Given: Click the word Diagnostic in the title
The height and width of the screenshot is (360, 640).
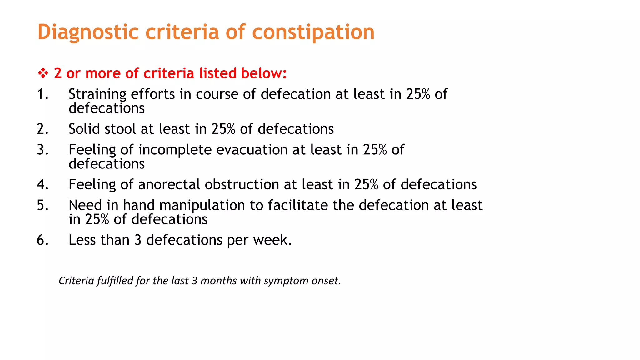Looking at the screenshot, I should coord(88,32).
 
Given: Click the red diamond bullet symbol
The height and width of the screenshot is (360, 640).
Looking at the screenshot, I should coord(43,73).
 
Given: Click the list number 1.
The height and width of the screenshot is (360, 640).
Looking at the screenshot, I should coord(42,94).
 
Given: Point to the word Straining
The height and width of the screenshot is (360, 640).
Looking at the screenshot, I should coord(97,94).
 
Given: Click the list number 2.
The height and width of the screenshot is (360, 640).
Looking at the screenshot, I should coord(42,129).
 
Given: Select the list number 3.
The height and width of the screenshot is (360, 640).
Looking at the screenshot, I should coord(42,150).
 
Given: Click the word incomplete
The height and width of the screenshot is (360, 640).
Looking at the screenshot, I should coord(175,150).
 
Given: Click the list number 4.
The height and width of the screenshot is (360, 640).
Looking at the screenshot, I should coord(42,185).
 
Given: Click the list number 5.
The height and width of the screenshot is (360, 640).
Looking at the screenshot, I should coord(42,206).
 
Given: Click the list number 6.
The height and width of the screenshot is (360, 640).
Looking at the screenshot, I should coord(42,240).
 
